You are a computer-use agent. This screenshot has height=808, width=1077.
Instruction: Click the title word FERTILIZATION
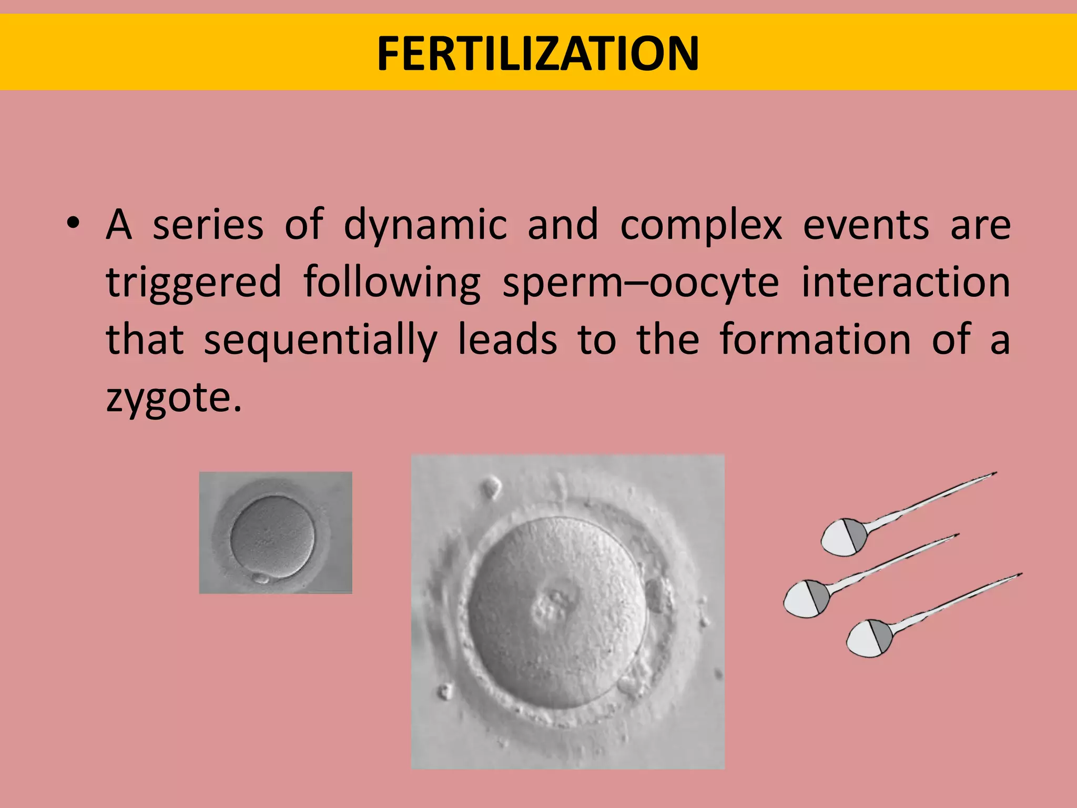[x=538, y=54]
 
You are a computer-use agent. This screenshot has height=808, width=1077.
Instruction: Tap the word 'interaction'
[x=905, y=282]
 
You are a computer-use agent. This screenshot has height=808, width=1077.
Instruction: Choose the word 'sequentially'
[x=320, y=341]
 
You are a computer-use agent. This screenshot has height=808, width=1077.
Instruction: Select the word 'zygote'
[x=168, y=399]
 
